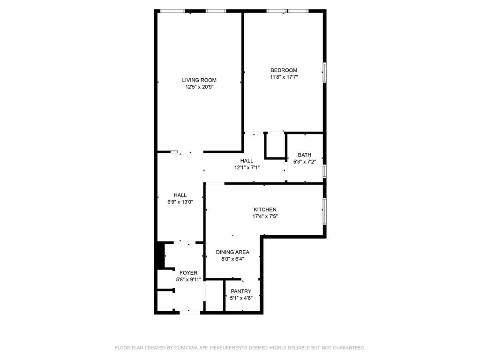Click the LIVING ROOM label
coord(199,80)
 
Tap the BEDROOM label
coord(284,70)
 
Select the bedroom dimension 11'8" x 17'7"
coord(284,77)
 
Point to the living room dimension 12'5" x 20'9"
coord(199,87)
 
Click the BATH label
coord(305,155)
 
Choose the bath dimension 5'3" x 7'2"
coord(305,162)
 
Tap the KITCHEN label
coord(265,210)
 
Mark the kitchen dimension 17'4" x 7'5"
coord(265,217)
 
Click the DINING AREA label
coord(232,252)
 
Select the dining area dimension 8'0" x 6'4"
coord(232,259)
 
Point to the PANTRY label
coord(241,292)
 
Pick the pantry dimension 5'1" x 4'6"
coord(241,298)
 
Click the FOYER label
coord(188,273)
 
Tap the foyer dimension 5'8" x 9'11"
coord(188,279)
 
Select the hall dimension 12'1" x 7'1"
coord(247,167)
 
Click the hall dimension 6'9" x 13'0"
coord(180,202)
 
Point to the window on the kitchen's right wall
coord(324,211)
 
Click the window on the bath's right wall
coord(324,171)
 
